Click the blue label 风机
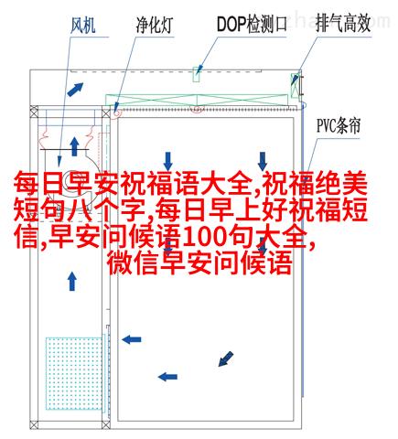[83, 25]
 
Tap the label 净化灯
[155, 26]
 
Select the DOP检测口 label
[252, 24]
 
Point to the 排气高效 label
[343, 24]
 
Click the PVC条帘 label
[339, 126]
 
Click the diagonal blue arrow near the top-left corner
[75, 90]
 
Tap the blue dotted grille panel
[74, 373]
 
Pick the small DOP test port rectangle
[197, 74]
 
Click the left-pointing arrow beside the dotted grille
[132, 339]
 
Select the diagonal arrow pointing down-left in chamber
[226, 359]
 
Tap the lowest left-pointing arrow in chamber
[167, 377]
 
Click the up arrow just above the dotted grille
[72, 282]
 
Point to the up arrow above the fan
[74, 146]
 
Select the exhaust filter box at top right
[295, 85]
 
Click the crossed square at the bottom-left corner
[34, 424]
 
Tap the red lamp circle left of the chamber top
[117, 112]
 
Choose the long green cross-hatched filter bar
[197, 101]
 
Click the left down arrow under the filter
[168, 161]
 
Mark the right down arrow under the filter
[263, 161]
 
